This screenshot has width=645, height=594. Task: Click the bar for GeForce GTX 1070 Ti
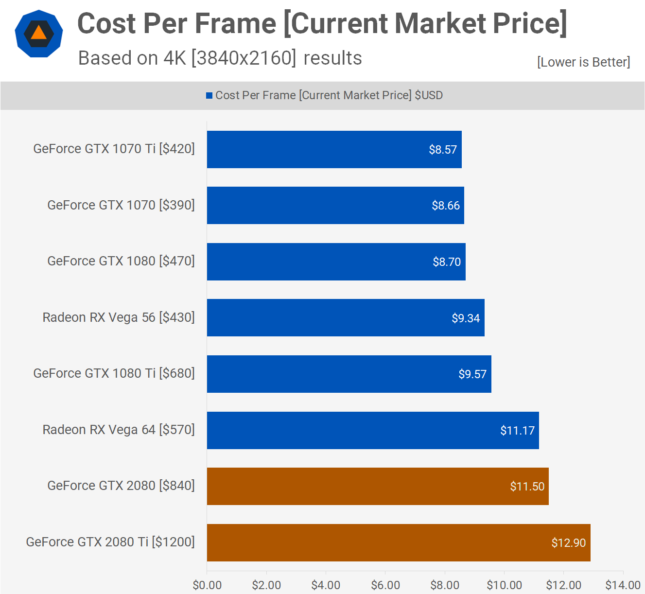pyautogui.click(x=334, y=149)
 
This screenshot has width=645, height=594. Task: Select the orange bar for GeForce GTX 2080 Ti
pyautogui.click(x=399, y=542)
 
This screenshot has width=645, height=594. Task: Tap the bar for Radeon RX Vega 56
pyautogui.click(x=346, y=318)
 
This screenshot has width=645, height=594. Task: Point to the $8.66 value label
pyautogui.click(x=446, y=206)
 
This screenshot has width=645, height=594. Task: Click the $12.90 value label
pyautogui.click(x=568, y=543)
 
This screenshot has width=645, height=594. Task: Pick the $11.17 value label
pyautogui.click(x=517, y=431)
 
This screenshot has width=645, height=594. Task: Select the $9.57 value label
pyautogui.click(x=472, y=374)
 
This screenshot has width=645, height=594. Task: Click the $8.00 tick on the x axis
pyautogui.click(x=445, y=585)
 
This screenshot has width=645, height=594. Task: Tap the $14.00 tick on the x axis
pyautogui.click(x=623, y=585)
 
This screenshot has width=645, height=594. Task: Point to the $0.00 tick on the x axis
pyautogui.click(x=207, y=585)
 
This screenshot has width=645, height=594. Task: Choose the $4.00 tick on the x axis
pyautogui.click(x=326, y=585)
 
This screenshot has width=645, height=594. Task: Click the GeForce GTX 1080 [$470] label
pyautogui.click(x=121, y=262)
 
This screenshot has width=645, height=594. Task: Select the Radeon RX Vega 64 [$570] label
pyautogui.click(x=119, y=430)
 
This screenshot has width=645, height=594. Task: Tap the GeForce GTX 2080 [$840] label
pyautogui.click(x=121, y=486)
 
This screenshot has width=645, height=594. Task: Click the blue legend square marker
pyautogui.click(x=209, y=96)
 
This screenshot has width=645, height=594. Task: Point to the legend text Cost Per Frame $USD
pyautogui.click(x=329, y=95)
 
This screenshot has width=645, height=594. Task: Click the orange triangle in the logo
pyautogui.click(x=38, y=33)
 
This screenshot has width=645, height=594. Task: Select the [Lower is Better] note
pyautogui.click(x=583, y=62)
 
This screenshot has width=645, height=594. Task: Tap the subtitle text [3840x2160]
pyautogui.click(x=244, y=58)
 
